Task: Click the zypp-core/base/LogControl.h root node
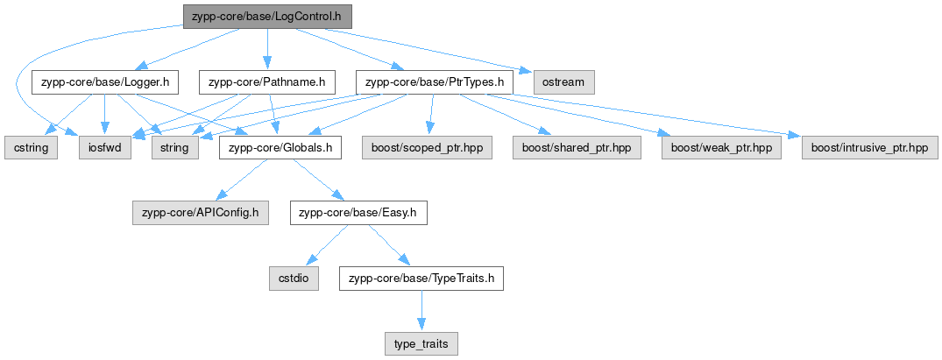[266, 17]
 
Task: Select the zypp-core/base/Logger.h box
[105, 82]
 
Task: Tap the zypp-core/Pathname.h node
[266, 82]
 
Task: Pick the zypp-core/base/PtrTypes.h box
[435, 82]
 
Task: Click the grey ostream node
[563, 82]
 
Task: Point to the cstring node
[32, 148]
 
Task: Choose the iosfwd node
[105, 148]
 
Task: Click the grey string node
[175, 148]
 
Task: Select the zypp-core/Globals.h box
[280, 148]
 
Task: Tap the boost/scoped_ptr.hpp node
[427, 148]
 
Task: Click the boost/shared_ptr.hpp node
[577, 148]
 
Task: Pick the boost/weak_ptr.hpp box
[721, 148]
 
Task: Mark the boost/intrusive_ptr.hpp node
[869, 148]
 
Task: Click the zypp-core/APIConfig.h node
[201, 214]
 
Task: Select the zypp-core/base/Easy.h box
[358, 214]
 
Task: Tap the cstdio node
[294, 279]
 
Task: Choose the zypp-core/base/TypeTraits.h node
[421, 279]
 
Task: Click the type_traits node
[421, 343]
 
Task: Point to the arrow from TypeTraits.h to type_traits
[421, 311]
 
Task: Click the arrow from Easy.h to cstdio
[327, 246]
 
